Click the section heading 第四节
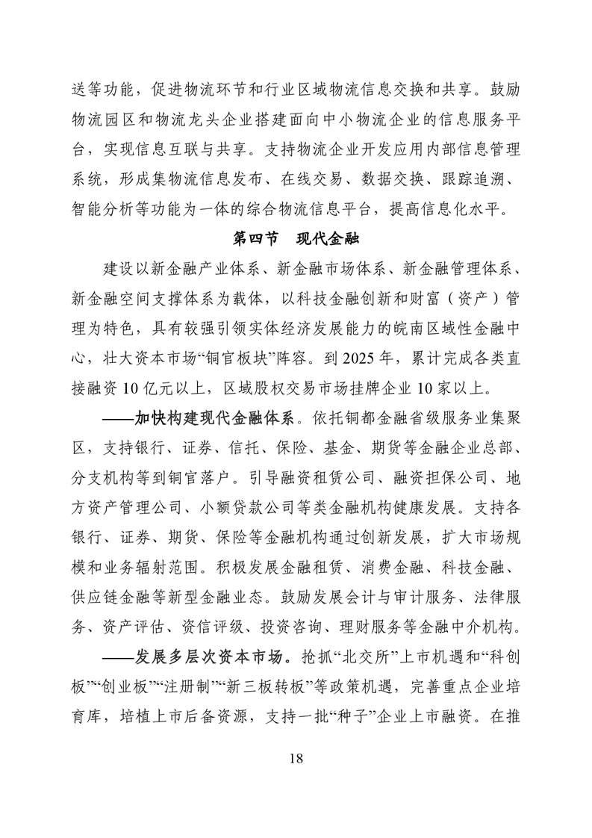tap(255, 239)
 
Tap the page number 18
tap(296, 759)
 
